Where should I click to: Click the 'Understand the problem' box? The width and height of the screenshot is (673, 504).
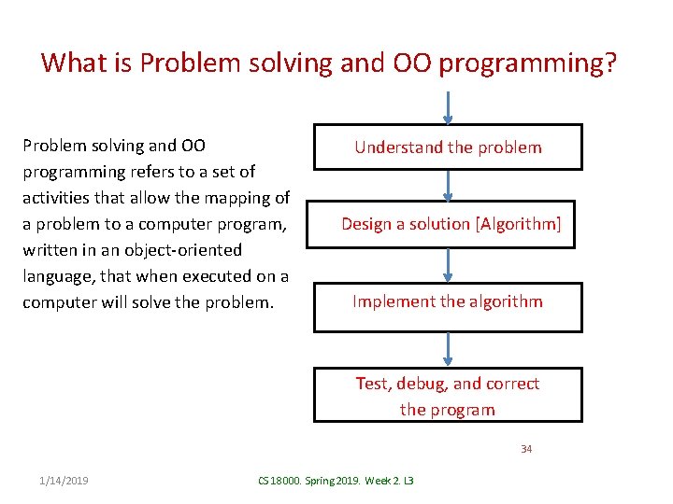(x=447, y=147)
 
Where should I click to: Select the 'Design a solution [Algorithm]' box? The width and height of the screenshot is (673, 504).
(x=447, y=224)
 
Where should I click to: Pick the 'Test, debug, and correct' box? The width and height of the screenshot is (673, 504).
(x=447, y=395)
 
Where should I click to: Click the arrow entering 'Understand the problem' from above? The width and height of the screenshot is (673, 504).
(x=448, y=106)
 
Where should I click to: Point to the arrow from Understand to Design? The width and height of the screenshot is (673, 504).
(x=448, y=185)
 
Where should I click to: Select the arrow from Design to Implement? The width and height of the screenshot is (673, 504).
(x=448, y=264)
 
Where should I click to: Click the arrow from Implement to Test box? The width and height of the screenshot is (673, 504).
(x=448, y=349)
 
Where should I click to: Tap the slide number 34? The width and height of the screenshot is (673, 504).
(x=526, y=449)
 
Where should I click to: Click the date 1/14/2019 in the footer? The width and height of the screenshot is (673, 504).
(x=64, y=480)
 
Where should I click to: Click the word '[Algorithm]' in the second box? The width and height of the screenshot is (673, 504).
(x=518, y=224)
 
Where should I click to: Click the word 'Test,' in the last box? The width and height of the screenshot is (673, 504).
(x=374, y=384)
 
